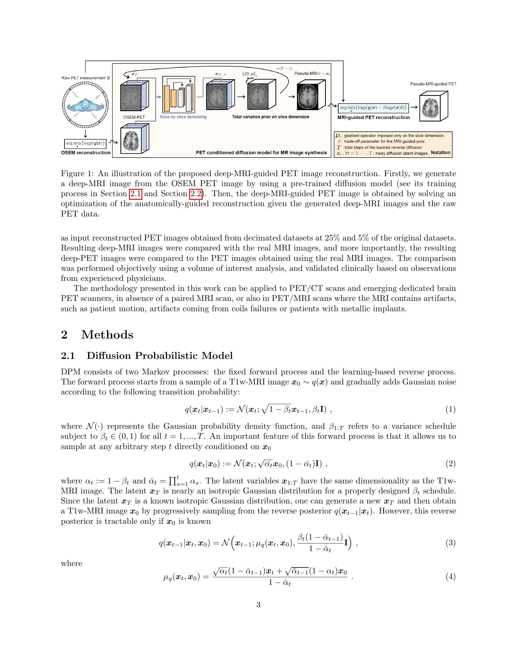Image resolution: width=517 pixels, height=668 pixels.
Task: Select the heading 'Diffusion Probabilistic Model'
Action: [x=160, y=356]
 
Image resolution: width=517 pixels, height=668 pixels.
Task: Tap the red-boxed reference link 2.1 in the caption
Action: [x=135, y=194]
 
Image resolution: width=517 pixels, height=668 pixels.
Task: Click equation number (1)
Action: [x=450, y=409]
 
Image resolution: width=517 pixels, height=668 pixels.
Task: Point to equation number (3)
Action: [x=450, y=543]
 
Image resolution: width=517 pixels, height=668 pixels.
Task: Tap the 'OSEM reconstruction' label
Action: [x=86, y=153]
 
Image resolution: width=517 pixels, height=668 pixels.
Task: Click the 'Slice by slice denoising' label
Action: [x=183, y=117]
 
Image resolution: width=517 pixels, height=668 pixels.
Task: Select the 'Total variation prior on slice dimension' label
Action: [x=270, y=117]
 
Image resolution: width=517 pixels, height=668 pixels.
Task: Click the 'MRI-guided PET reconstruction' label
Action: [x=373, y=118]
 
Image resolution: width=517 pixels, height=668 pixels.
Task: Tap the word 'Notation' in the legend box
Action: [x=440, y=152]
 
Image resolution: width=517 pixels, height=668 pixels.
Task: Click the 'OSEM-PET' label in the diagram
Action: [x=134, y=117]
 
